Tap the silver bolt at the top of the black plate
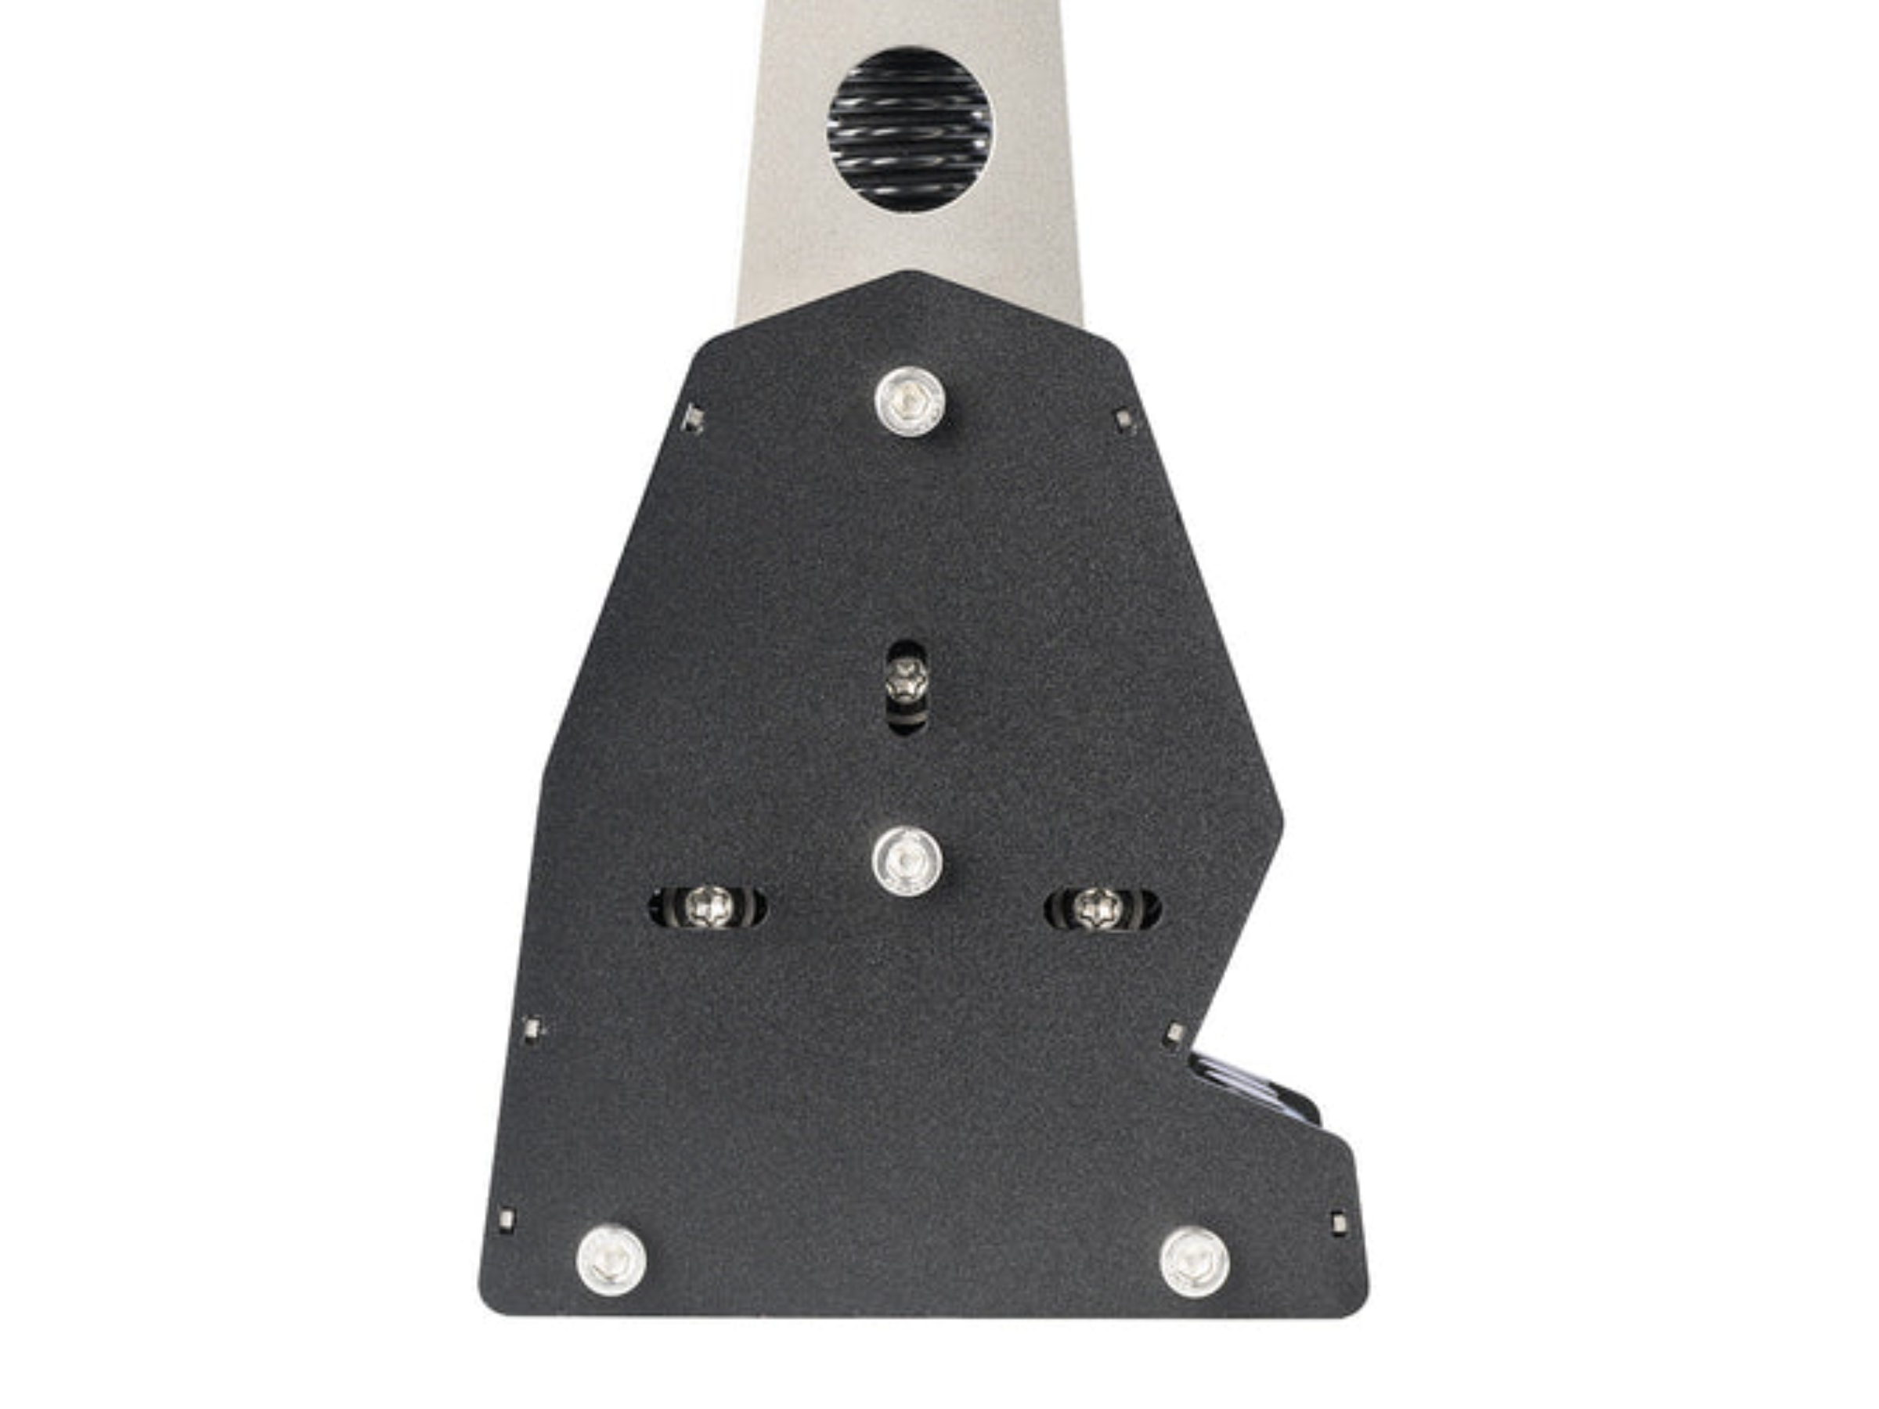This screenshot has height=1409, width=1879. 910,400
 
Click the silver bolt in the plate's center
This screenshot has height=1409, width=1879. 907,862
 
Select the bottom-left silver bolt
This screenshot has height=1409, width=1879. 611,1259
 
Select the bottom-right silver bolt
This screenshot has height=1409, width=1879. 1194,1260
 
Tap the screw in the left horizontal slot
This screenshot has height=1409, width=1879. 710,908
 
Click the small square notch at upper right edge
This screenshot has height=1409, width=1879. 1125,418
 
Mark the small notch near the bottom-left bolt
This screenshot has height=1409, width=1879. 508,1220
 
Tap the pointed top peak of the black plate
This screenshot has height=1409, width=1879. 909,274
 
